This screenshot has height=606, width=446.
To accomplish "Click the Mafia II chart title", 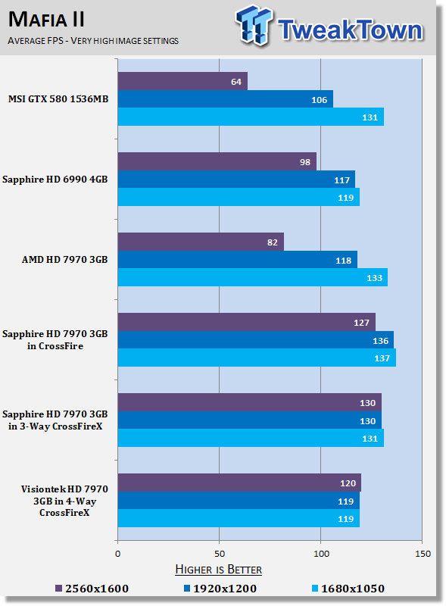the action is coord(46,20).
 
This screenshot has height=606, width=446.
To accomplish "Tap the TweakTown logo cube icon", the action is coord(253,25).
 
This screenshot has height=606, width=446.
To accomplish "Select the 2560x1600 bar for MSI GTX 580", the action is coord(182,81).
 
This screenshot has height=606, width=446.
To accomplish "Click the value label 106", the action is coord(320,100).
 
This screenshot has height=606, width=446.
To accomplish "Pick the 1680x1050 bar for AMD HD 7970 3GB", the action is coord(253,277).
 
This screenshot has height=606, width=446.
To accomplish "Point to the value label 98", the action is coord(305,162).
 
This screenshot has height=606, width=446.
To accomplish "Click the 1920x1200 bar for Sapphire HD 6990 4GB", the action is coord(236,180).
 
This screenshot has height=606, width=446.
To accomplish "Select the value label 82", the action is coord(273,242).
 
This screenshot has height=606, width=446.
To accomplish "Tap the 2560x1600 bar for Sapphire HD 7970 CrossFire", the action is coord(247,322).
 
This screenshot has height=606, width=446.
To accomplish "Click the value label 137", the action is coord(382,358).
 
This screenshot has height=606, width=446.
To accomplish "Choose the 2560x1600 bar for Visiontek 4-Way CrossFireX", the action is coord(239,483).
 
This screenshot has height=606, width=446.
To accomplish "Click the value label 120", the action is coord(348,483).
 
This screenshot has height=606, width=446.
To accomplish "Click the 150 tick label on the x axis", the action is coord(423,554).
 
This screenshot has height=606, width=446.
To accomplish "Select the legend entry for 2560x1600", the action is coord(92,589).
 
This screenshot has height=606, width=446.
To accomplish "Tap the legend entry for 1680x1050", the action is coord(348,589).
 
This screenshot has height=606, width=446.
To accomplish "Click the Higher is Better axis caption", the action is coord(218,570).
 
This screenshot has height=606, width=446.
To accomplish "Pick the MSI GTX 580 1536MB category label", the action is coord(58,99).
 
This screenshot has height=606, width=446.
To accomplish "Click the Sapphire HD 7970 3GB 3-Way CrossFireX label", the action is coord(55,420).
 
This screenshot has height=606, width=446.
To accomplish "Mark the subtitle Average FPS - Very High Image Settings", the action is coord(93,41).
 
